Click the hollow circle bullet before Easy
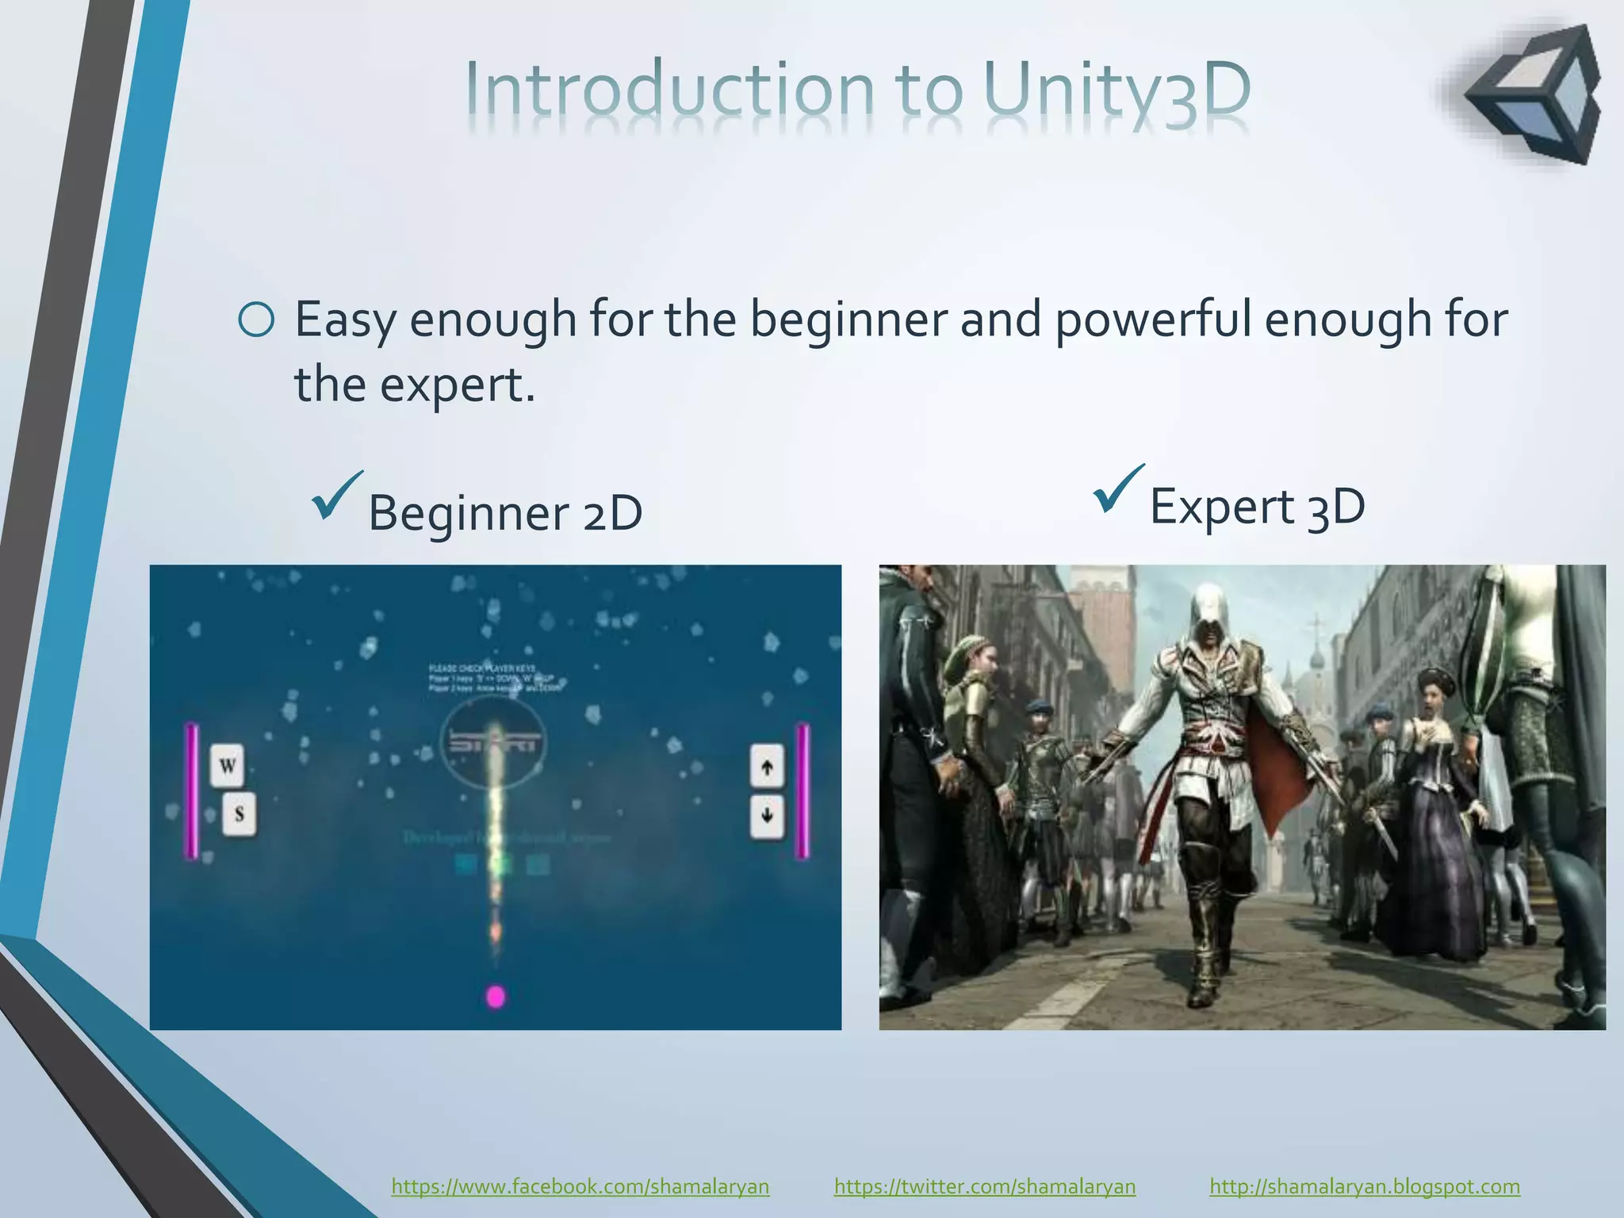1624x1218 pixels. (256, 320)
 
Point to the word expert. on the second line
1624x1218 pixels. (458, 385)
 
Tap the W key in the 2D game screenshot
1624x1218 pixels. (227, 765)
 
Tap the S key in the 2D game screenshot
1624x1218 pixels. (239, 814)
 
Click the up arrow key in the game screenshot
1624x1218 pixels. (767, 766)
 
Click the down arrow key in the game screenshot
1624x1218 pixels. (767, 815)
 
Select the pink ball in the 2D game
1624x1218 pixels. (496, 996)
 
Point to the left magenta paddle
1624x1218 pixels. (191, 791)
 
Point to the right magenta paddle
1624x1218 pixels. (802, 791)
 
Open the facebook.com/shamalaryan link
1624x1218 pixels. (580, 1186)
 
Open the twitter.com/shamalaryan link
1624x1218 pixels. (985, 1186)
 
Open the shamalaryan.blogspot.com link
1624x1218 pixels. (1365, 1186)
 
